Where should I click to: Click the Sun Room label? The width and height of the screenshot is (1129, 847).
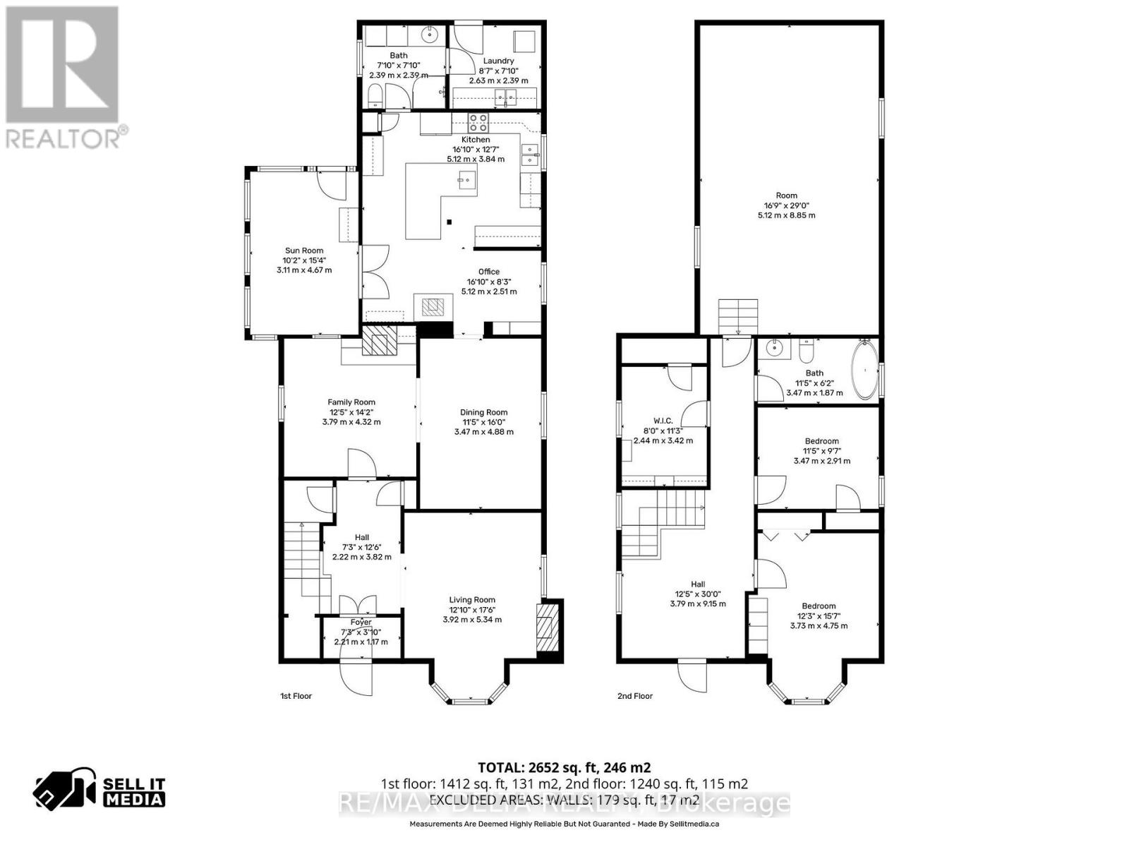304,251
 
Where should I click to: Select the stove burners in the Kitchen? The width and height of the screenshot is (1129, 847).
478,123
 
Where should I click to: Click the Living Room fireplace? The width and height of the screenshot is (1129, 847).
548,627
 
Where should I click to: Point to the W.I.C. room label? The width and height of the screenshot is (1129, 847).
663,421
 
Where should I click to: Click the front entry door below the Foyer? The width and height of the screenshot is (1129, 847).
356,678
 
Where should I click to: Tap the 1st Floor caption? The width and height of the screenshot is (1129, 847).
296,696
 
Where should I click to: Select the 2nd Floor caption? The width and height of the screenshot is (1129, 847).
634,696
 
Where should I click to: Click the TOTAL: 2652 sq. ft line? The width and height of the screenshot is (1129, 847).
564,767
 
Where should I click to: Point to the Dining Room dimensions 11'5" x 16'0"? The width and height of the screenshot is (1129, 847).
483,422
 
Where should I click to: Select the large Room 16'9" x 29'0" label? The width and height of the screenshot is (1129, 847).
786,196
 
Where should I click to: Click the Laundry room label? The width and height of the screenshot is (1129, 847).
498,61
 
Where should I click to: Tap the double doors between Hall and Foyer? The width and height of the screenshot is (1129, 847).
358,605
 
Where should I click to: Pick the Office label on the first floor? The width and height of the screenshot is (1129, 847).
488,272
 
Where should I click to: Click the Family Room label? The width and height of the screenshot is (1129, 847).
351,402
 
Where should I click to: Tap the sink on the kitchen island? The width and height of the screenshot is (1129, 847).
466,179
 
